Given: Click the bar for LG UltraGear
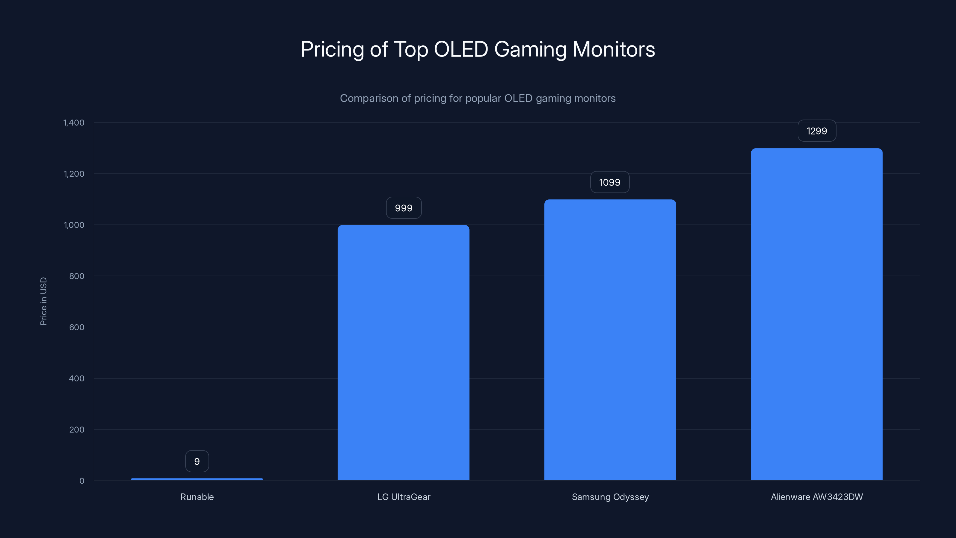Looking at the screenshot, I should pos(403,353).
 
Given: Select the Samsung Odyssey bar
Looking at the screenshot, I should pos(610,340).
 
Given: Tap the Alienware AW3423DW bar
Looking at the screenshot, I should pos(816,314).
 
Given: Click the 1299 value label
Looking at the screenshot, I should pos(816,131).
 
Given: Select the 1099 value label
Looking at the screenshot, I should pos(610,182).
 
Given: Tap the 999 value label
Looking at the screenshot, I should pos(403,208).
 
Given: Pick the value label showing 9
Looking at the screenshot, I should pos(197,461).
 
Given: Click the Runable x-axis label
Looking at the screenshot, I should pos(197,497).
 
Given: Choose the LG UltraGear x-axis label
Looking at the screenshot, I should pos(403,497).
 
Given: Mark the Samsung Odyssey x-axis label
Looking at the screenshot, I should pos(610,497).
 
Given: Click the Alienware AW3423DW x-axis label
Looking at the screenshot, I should pos(816,497).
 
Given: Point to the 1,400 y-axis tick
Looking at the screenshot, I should pos(74,123).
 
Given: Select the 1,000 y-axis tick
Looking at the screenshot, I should pos(74,225).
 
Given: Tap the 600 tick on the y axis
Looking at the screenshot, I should pos(76,327).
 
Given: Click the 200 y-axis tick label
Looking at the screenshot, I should pos(76,430).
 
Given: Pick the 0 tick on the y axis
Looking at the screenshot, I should pos(82,481).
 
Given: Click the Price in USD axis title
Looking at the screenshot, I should pos(43,301).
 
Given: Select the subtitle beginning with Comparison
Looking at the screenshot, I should pos(478,98).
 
